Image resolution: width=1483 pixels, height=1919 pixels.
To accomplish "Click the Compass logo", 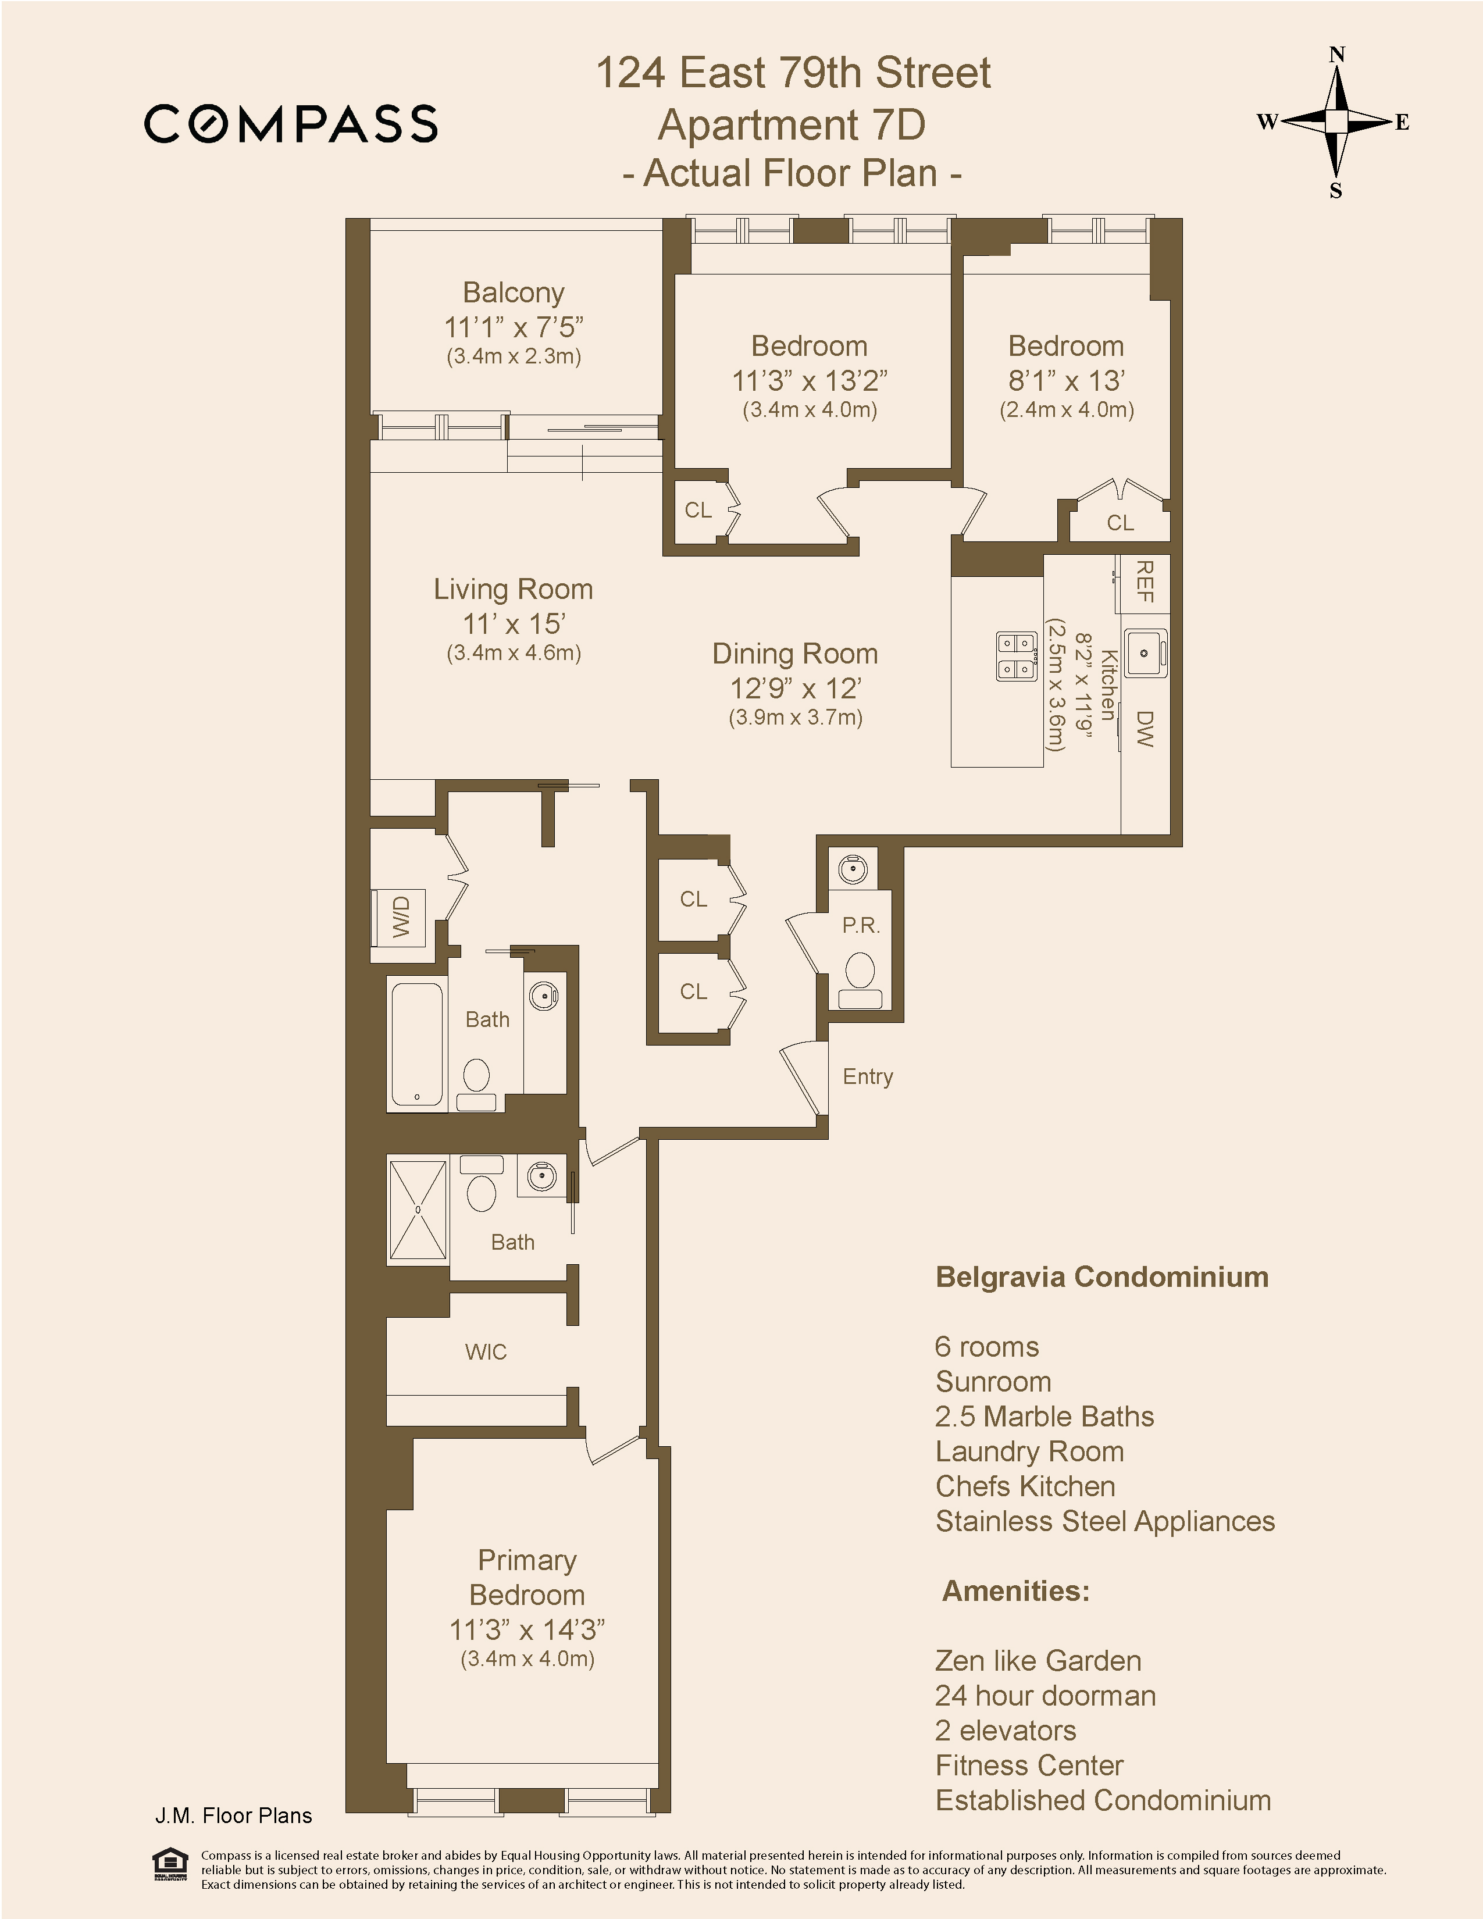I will click(x=291, y=123).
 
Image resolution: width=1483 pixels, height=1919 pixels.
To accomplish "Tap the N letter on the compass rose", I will click(x=1337, y=55).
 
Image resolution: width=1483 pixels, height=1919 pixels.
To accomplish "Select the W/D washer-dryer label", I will click(x=401, y=916).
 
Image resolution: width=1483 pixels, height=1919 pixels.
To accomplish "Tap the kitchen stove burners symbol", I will click(x=1017, y=655).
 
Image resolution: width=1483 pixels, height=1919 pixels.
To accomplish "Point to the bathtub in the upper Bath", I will click(x=418, y=1044).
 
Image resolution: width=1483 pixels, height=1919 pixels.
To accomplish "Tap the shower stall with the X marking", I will click(x=418, y=1210).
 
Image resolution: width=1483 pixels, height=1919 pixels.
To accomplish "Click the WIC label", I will click(x=486, y=1352).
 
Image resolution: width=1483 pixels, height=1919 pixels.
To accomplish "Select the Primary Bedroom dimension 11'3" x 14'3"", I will click(x=527, y=1630).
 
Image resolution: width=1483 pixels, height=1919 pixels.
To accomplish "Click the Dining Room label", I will click(x=794, y=654).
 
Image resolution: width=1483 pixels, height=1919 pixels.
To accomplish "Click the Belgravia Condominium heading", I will click(x=1101, y=1276).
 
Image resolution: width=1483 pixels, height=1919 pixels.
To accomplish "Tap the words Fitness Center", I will click(x=1029, y=1765).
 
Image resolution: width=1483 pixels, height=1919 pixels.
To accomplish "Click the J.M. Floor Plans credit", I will click(x=234, y=1816).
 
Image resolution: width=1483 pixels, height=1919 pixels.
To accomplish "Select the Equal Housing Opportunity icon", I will click(x=170, y=1864).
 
